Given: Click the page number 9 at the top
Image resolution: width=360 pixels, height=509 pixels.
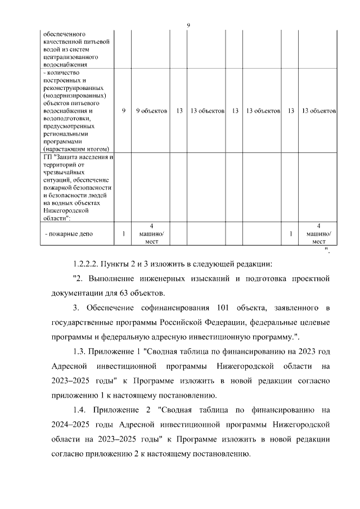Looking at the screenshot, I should [189, 25].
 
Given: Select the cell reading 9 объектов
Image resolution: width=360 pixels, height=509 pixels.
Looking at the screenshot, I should [151, 111].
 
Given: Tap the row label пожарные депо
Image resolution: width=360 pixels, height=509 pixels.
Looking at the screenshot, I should [68, 233].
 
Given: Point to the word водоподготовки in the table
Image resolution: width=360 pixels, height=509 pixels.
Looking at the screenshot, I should [68, 119].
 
